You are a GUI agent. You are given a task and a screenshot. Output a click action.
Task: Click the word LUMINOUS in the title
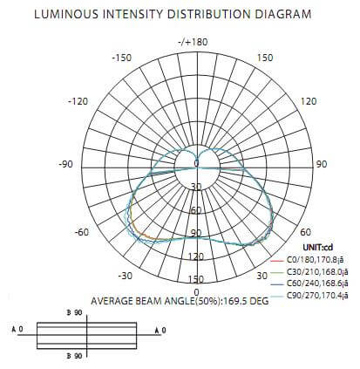click(x=66, y=14)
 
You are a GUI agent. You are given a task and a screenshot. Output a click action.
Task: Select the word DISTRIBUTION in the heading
click(x=208, y=14)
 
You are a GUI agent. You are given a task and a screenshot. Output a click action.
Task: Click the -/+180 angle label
click(x=193, y=42)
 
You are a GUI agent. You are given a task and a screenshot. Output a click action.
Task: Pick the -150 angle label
click(x=121, y=58)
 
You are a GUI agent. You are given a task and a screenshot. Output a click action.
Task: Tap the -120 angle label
click(x=78, y=101)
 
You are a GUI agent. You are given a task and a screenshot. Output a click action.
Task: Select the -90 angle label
click(x=65, y=164)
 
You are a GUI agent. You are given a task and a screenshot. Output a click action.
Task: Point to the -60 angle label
click(x=82, y=232)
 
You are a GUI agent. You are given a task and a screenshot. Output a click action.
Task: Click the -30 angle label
click(x=126, y=276)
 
